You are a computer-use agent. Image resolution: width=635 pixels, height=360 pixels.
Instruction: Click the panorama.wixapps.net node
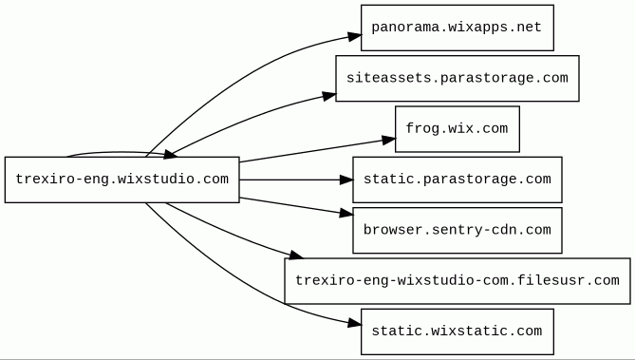click(x=458, y=28)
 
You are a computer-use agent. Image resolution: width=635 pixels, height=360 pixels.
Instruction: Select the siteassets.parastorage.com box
click(x=458, y=78)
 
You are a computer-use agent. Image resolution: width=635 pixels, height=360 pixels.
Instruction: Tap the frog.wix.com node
click(x=458, y=129)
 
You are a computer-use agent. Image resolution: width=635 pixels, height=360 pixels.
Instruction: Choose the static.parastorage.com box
click(x=458, y=180)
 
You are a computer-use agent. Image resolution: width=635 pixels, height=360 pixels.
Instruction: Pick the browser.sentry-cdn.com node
click(x=458, y=230)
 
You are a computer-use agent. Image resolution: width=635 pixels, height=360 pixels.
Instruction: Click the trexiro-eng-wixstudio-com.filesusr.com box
click(x=458, y=281)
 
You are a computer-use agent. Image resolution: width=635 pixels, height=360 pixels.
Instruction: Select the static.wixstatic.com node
click(x=458, y=332)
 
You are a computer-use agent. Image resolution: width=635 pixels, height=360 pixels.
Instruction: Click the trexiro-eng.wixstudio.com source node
click(x=121, y=180)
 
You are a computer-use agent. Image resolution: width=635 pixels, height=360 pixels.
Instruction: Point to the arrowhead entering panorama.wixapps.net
click(x=355, y=36)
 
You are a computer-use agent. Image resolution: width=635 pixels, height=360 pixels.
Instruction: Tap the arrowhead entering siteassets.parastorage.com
click(x=329, y=96)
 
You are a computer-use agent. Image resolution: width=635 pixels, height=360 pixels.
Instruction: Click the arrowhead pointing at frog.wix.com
click(x=389, y=141)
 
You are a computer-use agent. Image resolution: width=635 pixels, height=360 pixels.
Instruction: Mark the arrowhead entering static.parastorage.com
click(x=346, y=180)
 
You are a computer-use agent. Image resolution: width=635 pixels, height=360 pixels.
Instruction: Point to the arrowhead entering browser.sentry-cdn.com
click(x=346, y=213)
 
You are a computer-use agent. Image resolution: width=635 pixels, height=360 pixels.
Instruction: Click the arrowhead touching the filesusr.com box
click(x=296, y=255)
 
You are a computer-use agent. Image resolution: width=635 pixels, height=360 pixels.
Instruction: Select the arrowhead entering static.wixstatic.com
click(x=355, y=323)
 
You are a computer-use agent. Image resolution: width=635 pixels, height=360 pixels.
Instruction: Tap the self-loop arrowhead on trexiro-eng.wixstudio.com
click(x=169, y=154)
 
